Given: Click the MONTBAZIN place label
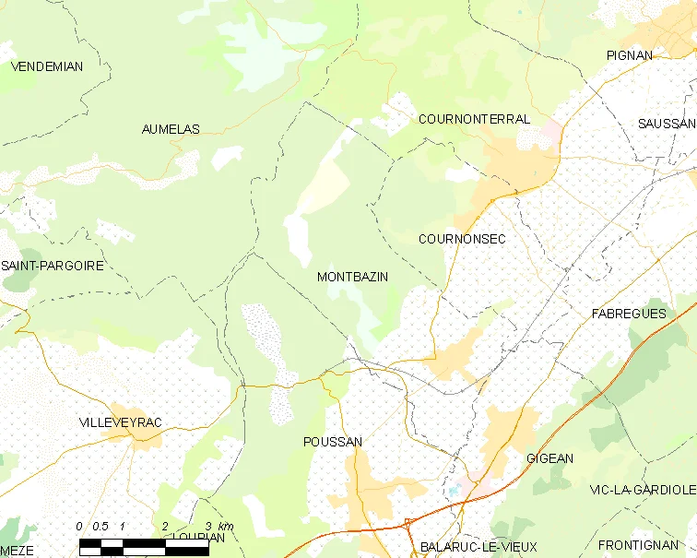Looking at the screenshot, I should point(352,277).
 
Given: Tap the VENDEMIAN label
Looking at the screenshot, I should point(46,66).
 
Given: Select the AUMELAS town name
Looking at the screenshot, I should point(171,130).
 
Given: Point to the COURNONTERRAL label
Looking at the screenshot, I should point(474,120).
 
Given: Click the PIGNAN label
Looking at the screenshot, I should point(629,55).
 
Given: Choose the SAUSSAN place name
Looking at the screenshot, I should point(667,124).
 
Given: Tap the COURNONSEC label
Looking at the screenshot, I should point(462,239).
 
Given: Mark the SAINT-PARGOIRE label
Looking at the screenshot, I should point(52,266).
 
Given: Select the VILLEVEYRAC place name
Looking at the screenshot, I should point(121,422).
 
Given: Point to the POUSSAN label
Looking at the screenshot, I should point(332,443).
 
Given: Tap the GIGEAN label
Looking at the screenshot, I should point(549,458).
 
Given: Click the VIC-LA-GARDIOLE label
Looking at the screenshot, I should point(642,489).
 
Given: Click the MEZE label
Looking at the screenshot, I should point(17,551).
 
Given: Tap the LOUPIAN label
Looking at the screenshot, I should point(199,538).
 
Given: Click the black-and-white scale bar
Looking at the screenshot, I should point(144,547).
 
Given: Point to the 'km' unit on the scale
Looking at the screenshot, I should point(226,527).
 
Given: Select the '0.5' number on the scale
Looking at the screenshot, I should point(100,527).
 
